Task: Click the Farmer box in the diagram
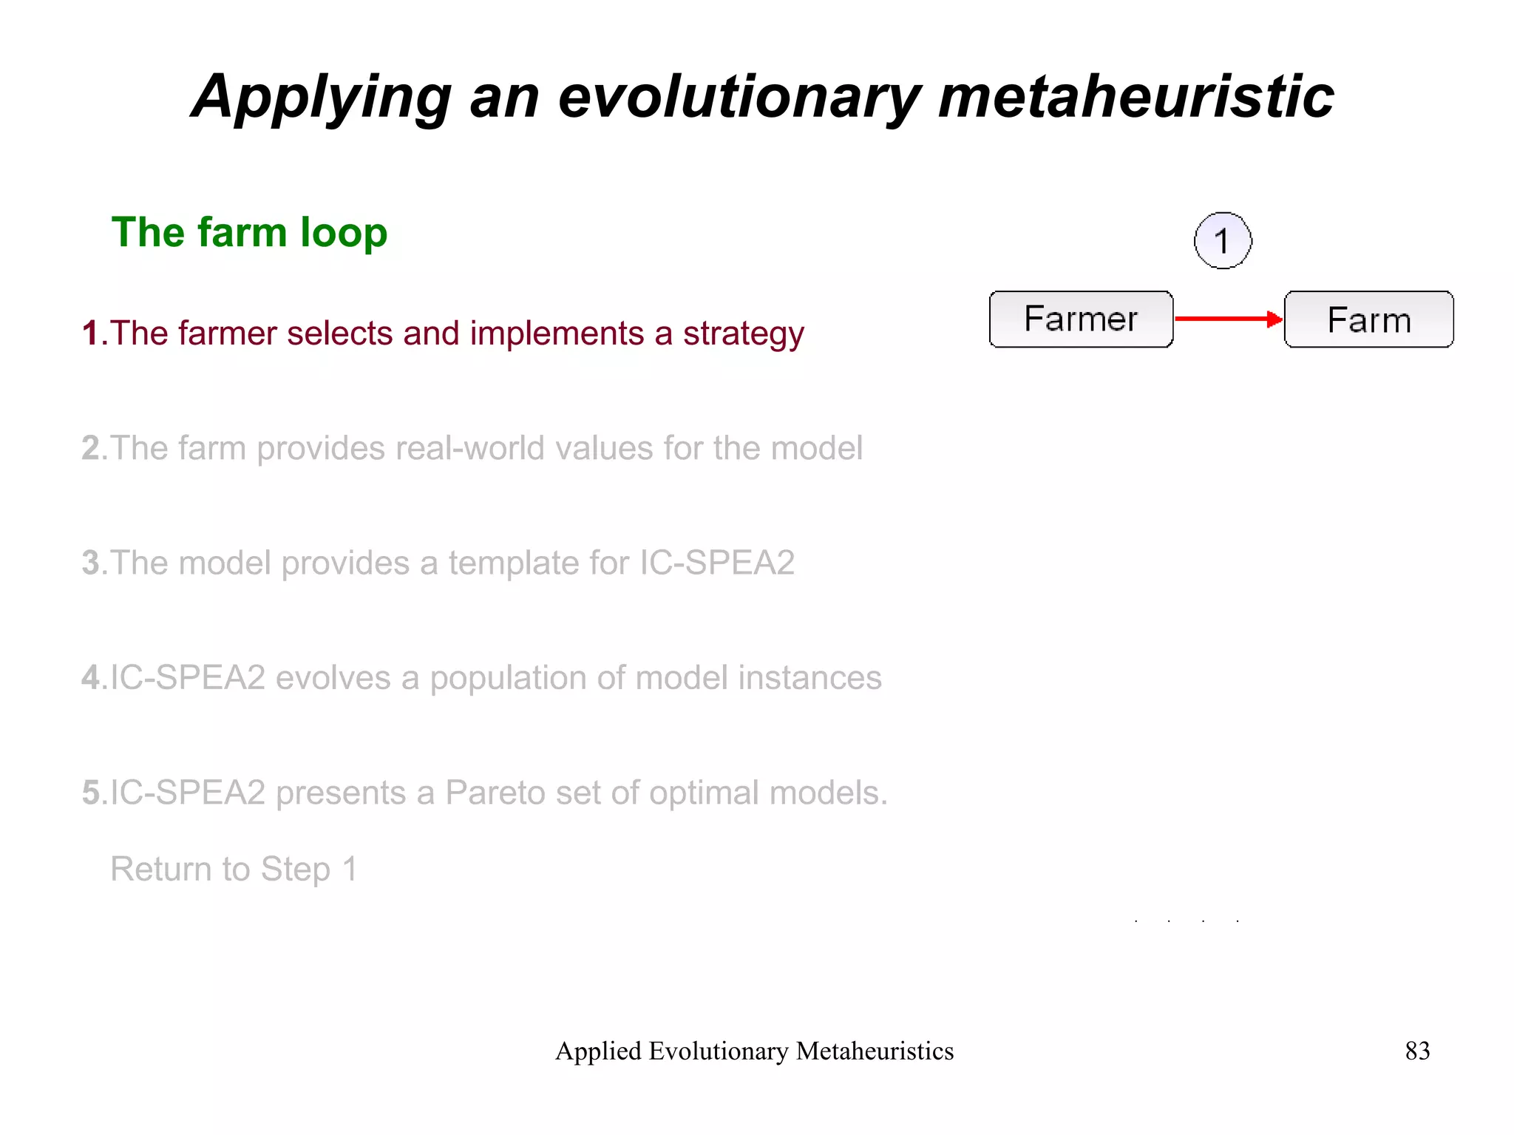pos(1081,319)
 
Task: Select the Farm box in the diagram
pos(1368,319)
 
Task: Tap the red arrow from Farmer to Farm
pos(1227,319)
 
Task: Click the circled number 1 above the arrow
pos(1223,240)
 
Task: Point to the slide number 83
pos(1417,1051)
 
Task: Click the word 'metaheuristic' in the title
pos(1136,97)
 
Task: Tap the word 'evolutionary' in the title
pos(739,97)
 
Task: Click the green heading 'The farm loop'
pos(249,232)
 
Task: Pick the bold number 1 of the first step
pos(91,333)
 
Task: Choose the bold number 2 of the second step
pos(91,448)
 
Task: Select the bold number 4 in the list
pos(91,678)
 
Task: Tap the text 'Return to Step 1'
pos(234,869)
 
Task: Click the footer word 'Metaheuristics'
pos(875,1051)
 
